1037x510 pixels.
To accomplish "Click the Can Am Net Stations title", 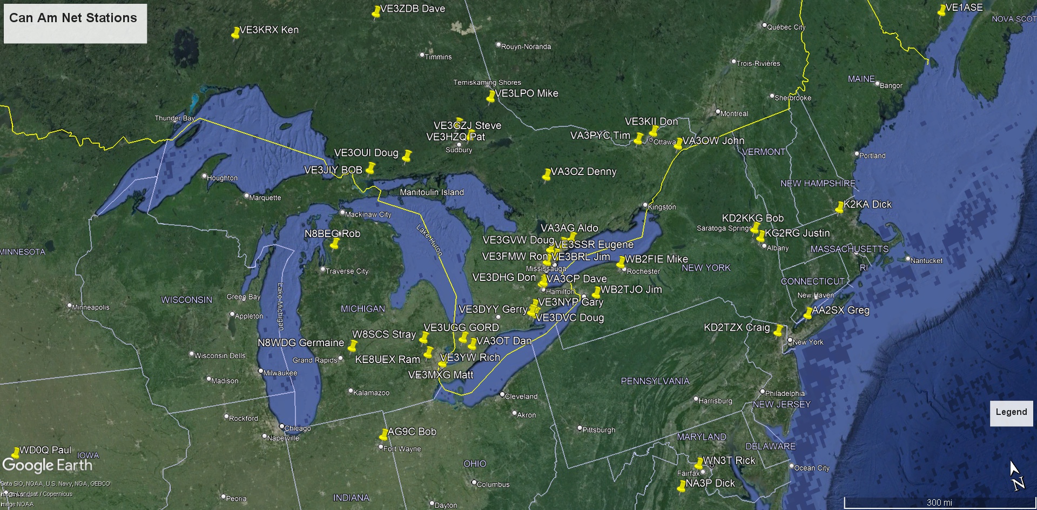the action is click(73, 18).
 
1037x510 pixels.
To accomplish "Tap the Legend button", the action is click(1011, 412).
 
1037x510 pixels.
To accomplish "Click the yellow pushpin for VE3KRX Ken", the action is click(235, 33).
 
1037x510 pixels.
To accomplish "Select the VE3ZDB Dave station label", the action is click(413, 9).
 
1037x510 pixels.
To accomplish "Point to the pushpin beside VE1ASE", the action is click(942, 10).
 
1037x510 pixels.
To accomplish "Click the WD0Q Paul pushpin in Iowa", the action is click(16, 453).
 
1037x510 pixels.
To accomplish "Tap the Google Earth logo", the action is click(48, 465).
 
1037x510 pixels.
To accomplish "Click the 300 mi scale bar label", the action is click(939, 502).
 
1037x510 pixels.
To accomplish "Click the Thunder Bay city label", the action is click(174, 118).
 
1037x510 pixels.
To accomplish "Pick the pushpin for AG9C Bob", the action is click(383, 434).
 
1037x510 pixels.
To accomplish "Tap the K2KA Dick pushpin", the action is click(839, 207).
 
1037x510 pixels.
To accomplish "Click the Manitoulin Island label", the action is click(432, 192).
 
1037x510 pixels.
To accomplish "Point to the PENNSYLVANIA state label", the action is click(655, 381).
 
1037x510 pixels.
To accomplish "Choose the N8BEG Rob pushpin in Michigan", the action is click(334, 243).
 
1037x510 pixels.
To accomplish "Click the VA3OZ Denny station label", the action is click(583, 172).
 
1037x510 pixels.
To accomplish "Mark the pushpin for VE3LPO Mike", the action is click(490, 97).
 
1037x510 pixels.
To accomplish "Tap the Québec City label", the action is click(786, 27).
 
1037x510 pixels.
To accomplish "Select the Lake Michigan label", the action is click(280, 306).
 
